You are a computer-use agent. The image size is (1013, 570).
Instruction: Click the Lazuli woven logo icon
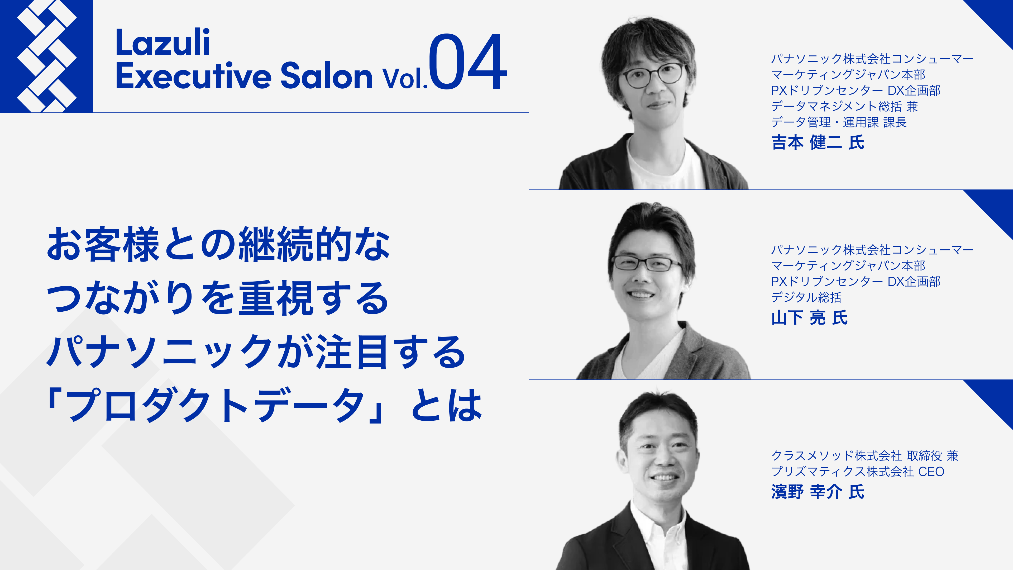[46, 56]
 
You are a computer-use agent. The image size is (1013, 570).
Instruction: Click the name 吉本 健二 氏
[818, 142]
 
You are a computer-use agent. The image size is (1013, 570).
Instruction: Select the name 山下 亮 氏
[810, 318]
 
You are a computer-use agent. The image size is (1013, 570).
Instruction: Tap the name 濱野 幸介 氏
[818, 492]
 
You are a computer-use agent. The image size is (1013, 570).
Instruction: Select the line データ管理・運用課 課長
[839, 122]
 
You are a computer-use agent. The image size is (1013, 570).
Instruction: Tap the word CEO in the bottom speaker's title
[931, 472]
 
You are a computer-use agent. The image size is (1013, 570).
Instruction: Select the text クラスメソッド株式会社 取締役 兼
[865, 455]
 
